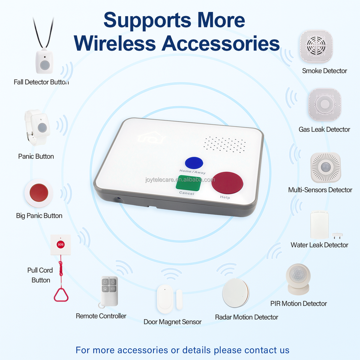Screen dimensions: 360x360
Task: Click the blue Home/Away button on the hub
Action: coord(194,163)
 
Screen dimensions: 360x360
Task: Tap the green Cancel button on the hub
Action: coord(188,183)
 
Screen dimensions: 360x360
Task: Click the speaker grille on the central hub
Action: coord(225,144)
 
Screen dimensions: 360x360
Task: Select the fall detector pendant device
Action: coord(44,61)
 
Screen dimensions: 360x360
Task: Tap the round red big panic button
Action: coord(39,192)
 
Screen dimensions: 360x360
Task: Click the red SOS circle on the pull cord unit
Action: coord(60,244)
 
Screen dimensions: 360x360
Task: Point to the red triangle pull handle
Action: coord(60,294)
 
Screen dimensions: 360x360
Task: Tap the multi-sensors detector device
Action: coord(325,168)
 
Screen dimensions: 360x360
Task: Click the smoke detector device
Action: coord(316,46)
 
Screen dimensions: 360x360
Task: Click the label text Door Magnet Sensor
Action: coord(172,322)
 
